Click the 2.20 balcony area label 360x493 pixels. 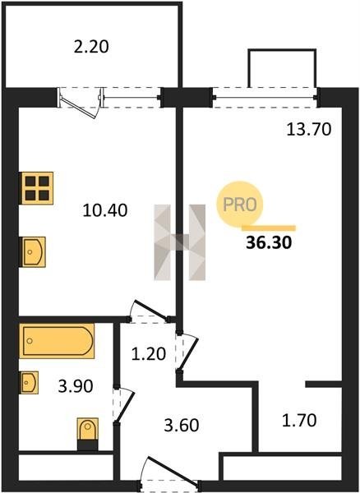91,47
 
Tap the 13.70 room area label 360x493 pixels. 309,129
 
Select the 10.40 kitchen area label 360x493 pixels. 105,210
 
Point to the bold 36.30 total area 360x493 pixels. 269,242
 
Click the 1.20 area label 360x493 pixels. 149,354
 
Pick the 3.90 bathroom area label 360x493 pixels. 76,386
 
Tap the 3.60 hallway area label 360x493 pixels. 182,426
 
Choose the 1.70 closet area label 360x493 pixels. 299,421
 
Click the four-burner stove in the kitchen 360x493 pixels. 36,188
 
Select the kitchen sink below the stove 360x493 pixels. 34,252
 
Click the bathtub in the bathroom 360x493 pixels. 57,341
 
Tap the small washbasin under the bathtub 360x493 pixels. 30,382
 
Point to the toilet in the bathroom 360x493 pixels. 88,433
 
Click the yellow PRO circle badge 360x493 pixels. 239,205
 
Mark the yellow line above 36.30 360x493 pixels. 269,228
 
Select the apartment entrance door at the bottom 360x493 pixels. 171,471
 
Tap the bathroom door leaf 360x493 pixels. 125,407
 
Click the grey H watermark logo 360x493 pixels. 179,242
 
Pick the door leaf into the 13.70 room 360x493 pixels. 188,353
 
